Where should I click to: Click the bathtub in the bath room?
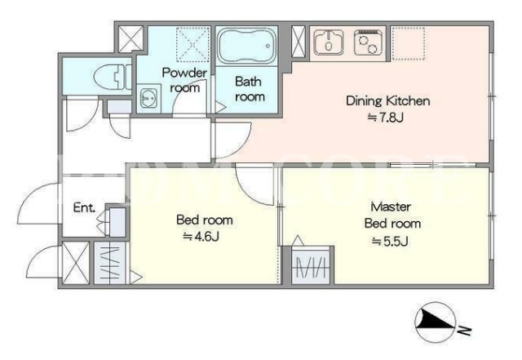(x=246, y=46)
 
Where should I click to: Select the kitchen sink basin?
(x=329, y=42)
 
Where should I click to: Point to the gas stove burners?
(x=367, y=42)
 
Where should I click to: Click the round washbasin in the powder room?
(x=148, y=98)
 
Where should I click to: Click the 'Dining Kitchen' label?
(x=388, y=100)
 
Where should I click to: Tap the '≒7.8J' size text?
(x=386, y=118)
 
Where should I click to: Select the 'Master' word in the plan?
(x=391, y=207)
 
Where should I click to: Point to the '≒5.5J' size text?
(x=390, y=241)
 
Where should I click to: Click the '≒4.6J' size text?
(x=201, y=237)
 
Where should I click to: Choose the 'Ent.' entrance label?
(x=84, y=207)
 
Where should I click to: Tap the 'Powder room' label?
(x=184, y=80)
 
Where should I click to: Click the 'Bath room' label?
(x=250, y=89)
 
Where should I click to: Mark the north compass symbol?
(x=435, y=322)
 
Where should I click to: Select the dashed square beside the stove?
(x=408, y=43)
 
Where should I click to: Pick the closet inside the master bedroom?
(x=311, y=265)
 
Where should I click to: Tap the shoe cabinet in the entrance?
(x=117, y=222)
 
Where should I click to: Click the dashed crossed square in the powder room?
(x=192, y=45)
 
